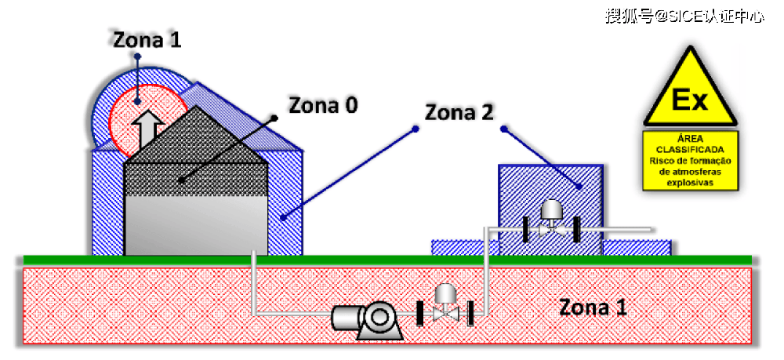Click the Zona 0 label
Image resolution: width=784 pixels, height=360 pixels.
(x=323, y=105)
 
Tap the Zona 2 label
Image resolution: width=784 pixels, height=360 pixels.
(x=459, y=112)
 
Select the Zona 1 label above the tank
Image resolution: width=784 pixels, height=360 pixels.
(x=147, y=41)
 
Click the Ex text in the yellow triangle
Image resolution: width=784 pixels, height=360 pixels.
(x=690, y=100)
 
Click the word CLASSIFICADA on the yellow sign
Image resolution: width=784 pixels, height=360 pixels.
(x=690, y=149)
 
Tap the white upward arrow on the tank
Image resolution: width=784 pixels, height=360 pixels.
(x=147, y=127)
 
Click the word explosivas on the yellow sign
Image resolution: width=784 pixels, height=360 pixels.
(x=690, y=182)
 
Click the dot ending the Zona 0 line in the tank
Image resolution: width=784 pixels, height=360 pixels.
(x=181, y=180)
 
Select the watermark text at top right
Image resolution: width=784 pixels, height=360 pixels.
(x=684, y=16)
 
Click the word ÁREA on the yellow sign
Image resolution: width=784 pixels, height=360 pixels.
(x=690, y=138)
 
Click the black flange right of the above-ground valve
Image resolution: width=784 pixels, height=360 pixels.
(x=577, y=229)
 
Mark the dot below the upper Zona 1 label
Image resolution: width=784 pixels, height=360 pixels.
(x=136, y=57)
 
